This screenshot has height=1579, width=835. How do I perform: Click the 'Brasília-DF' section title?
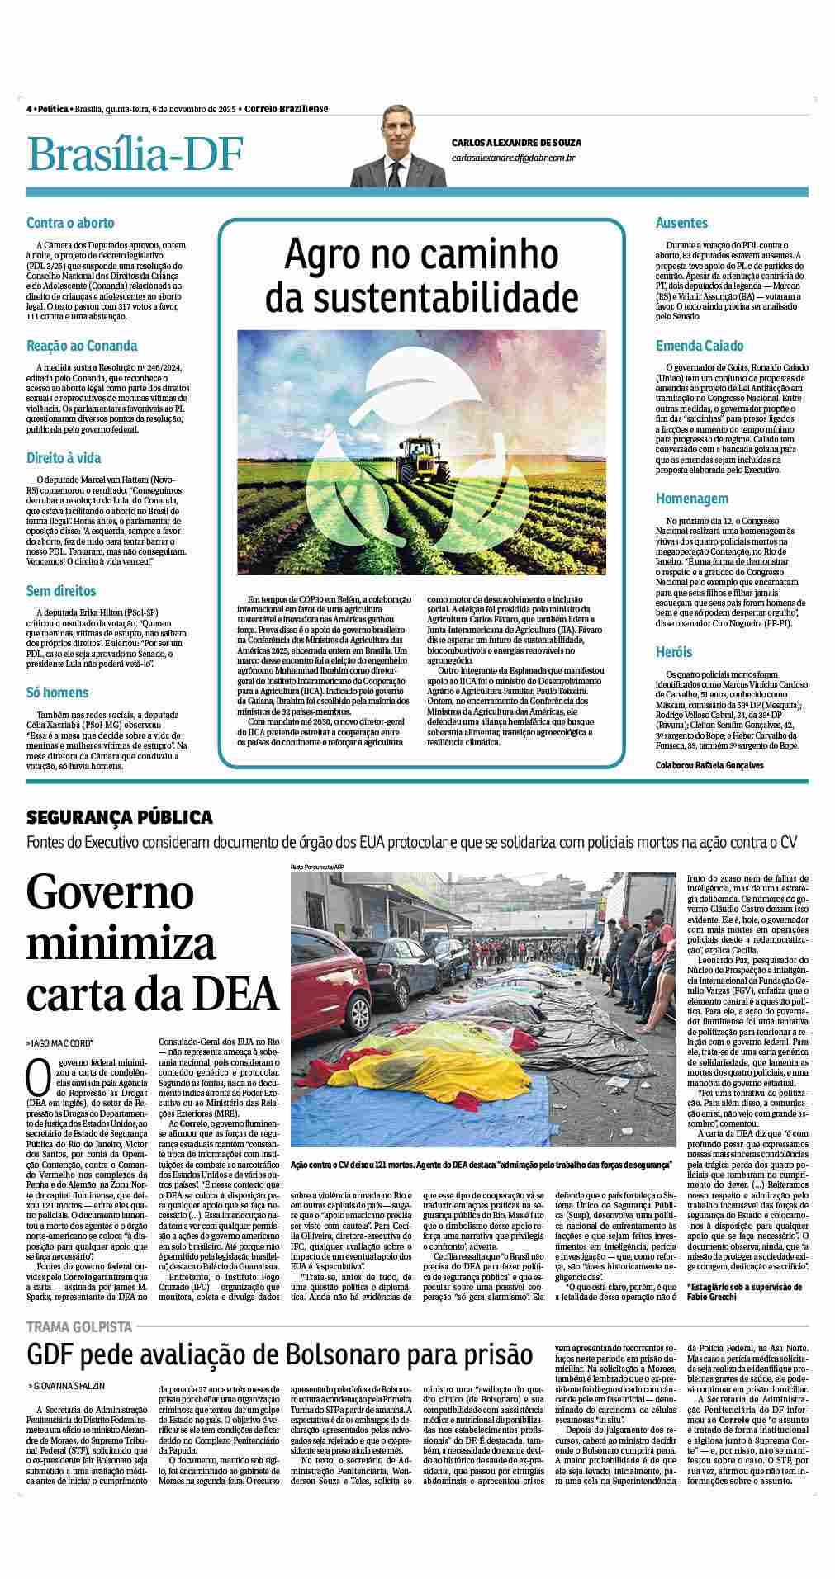tap(135, 154)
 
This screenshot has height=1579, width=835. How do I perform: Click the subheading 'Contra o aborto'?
tap(70, 223)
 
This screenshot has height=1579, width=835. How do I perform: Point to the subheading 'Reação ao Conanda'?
tap(82, 346)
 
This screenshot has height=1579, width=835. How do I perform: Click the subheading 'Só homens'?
tap(58, 692)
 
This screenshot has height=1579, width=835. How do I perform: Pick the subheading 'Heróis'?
tap(674, 652)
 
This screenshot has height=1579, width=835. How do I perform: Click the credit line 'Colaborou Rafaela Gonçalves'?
tap(709, 765)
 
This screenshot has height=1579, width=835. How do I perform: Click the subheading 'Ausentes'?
tap(681, 223)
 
